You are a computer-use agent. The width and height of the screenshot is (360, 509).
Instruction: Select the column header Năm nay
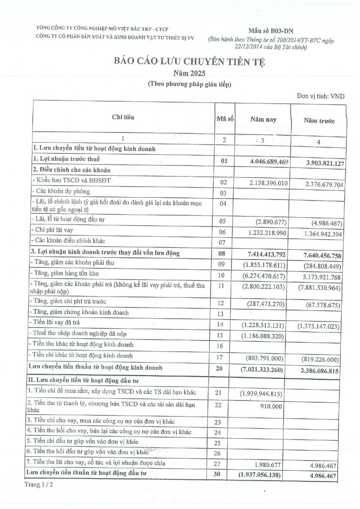pos(263,120)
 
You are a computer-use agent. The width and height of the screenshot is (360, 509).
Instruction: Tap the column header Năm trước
pos(319,121)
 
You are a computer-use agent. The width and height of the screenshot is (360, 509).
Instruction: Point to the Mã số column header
pos(225,119)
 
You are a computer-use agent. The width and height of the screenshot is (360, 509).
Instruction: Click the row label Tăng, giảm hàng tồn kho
pos(66,274)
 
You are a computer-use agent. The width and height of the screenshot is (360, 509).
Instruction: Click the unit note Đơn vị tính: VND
pos(321,96)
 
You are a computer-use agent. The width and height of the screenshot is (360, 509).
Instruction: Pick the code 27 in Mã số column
pos(218,464)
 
